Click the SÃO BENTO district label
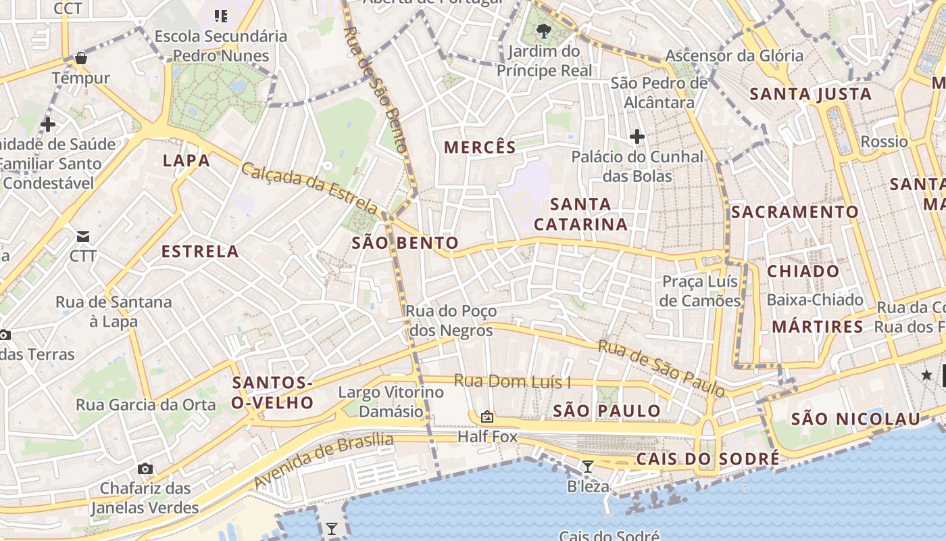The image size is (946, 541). point(405,243)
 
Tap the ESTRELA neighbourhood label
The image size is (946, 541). point(200,252)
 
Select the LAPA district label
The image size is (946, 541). point(186,161)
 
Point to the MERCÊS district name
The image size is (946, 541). point(480,147)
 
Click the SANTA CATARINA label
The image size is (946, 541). point(581,214)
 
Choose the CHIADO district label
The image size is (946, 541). point(803,272)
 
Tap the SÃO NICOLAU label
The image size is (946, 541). point(856,419)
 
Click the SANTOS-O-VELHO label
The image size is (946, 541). point(273,393)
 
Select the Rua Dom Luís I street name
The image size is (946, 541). point(512,381)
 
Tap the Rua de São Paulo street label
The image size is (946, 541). point(662,369)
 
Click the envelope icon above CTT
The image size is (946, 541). point(83,237)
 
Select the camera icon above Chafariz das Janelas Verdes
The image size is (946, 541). point(145,469)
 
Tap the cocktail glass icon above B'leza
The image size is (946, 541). point(588,466)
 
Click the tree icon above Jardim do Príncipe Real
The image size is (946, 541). point(543,30)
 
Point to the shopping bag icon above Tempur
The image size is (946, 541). point(81,58)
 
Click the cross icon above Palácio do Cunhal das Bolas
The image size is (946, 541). point(637,137)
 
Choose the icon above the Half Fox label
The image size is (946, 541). point(487,417)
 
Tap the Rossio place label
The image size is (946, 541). point(884,142)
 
